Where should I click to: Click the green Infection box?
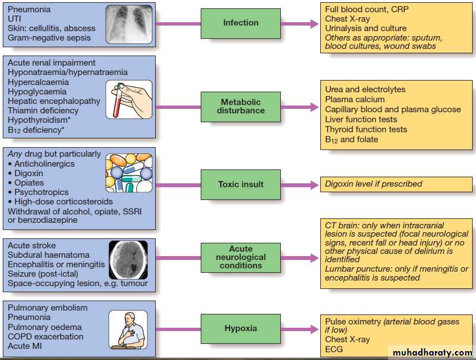coord(241,23)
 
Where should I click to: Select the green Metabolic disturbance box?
coord(241,106)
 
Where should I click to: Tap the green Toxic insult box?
coord(241,184)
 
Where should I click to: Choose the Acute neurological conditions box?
coord(241,257)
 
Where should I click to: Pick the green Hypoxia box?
coord(241,328)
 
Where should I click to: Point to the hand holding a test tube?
coord(129,99)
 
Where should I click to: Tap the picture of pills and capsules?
coord(128,173)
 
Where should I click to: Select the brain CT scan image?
coord(128,260)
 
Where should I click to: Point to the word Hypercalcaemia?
coord(38,82)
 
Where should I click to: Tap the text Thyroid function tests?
coord(366,129)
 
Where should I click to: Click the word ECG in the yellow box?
coord(334,349)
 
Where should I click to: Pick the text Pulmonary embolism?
coord(48,308)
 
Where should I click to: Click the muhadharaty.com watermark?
coord(432,352)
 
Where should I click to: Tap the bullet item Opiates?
coord(29,183)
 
